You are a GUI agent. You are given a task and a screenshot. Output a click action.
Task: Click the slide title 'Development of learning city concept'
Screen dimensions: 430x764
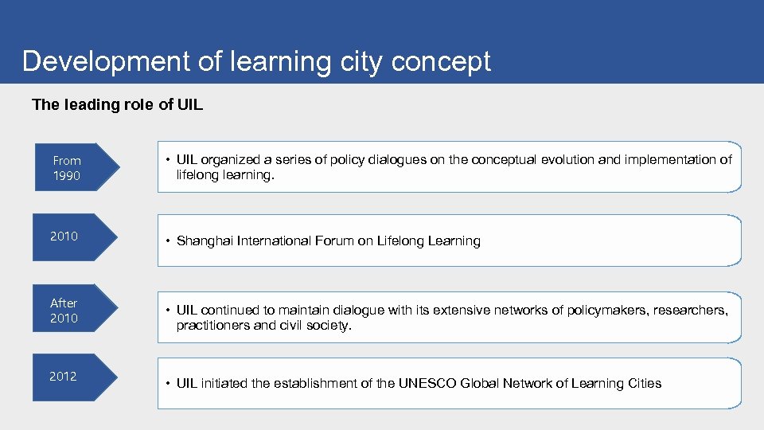coord(256,61)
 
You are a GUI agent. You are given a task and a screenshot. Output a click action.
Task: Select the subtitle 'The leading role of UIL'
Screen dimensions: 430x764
coord(117,104)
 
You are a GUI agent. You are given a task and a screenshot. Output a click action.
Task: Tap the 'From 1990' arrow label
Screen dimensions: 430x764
coord(67,168)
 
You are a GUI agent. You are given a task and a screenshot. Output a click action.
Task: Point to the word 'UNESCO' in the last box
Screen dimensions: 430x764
coord(431,383)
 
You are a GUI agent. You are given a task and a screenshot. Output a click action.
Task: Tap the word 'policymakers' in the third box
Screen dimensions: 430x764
coord(606,310)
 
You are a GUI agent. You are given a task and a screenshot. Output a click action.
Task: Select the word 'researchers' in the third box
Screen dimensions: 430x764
coord(690,310)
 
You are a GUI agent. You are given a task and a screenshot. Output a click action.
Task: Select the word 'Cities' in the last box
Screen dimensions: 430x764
coord(644,383)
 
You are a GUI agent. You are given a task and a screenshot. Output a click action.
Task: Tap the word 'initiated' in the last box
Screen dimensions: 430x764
coord(225,383)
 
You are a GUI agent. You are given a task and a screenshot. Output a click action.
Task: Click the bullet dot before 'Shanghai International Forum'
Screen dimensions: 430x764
coord(169,241)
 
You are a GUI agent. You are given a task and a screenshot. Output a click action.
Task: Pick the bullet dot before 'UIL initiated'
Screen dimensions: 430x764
coord(169,384)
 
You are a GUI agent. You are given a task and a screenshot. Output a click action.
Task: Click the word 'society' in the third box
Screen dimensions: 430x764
coord(327,325)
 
